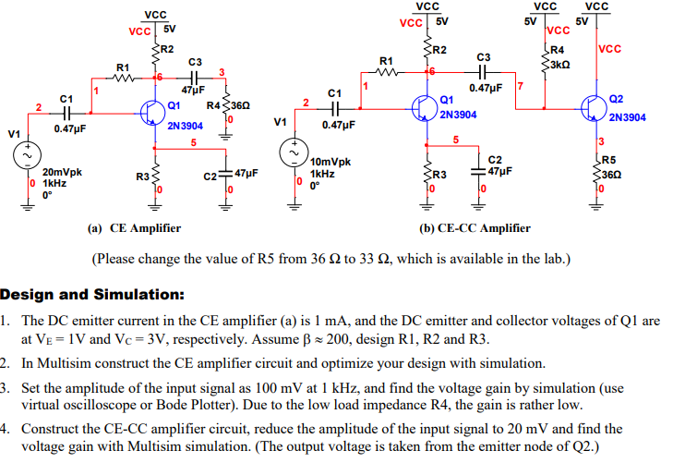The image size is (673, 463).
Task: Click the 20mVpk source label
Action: (62, 172)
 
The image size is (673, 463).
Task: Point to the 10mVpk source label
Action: (330, 162)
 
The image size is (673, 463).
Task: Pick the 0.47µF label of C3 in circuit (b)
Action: (486, 89)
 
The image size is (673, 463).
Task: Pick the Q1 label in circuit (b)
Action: (447, 100)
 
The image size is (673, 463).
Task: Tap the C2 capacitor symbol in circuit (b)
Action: (479, 171)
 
